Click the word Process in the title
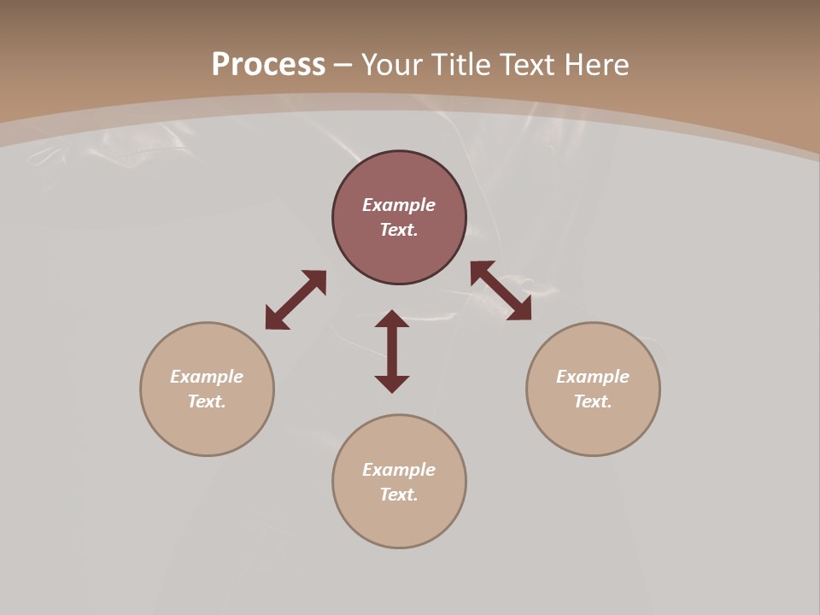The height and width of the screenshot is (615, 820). [268, 65]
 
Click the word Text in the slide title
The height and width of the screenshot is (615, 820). [527, 65]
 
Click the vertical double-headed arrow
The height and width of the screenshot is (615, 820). [392, 351]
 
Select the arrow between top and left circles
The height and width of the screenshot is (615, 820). [296, 300]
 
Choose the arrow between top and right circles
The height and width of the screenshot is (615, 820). [501, 290]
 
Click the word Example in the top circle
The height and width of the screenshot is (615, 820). [399, 205]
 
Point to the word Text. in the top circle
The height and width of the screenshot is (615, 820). [399, 230]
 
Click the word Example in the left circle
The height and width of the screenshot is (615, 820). [207, 377]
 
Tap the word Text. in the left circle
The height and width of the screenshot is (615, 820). [207, 401]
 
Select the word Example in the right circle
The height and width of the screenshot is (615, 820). [593, 377]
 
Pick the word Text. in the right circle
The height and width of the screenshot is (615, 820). [593, 401]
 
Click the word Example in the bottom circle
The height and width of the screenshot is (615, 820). [399, 470]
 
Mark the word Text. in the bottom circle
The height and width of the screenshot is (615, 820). [399, 495]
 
